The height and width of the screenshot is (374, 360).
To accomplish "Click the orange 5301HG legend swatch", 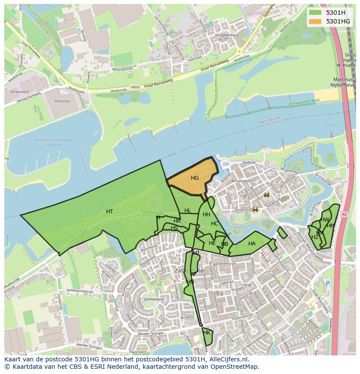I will pos(316,21).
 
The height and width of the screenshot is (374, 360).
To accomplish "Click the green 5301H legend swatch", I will pos(316,13).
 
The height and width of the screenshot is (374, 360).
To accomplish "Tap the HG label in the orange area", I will pos(194,178).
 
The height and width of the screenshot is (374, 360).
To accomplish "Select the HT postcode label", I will pos(110,212).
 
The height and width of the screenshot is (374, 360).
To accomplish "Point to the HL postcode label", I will pos(187,211).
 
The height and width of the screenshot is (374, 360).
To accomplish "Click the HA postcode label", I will pos(252,244).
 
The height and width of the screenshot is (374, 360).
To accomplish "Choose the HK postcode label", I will pos(207,333).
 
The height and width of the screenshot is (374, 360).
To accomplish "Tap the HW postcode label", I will pos(325,220).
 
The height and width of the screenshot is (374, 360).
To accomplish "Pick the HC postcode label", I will pos(214,224).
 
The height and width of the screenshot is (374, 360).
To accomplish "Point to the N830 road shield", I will pos(135,87).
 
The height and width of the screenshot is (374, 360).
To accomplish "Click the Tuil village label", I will pos(184,45).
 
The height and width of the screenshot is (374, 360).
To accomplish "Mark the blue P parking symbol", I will pos(328,283).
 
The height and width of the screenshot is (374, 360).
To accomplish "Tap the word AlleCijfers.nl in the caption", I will pos(228,359).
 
